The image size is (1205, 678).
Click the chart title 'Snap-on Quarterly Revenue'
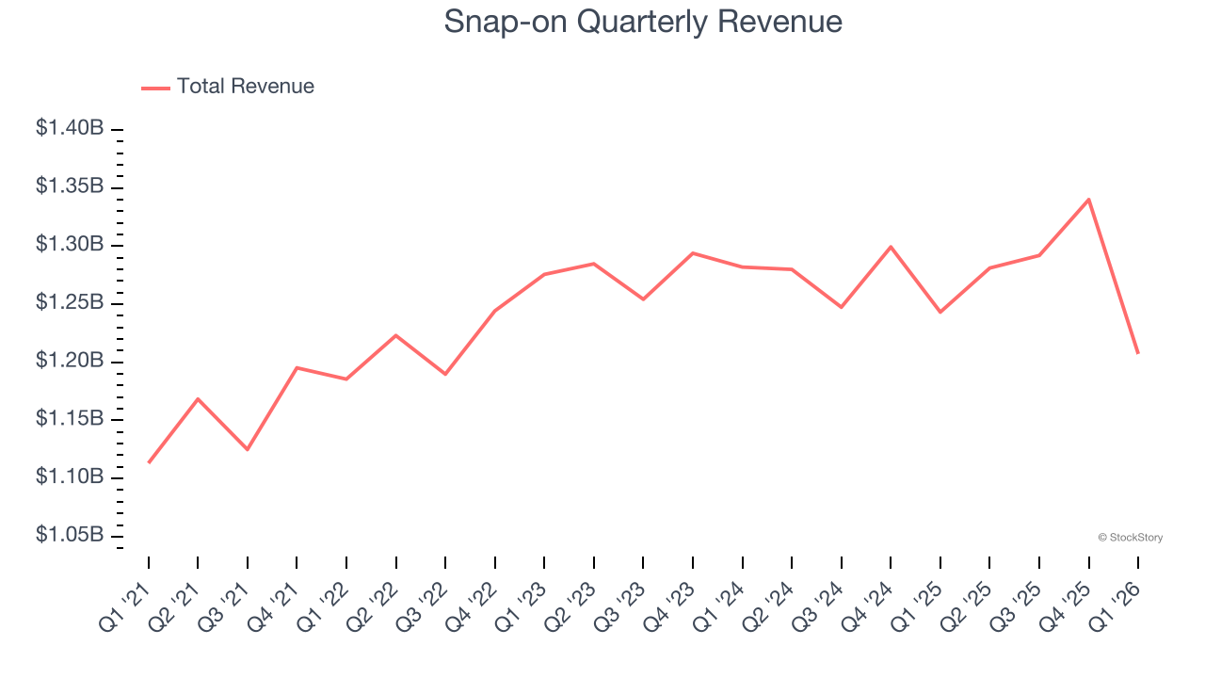point(643,21)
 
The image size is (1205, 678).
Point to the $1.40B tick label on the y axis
point(70,128)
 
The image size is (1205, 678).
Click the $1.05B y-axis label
point(70,535)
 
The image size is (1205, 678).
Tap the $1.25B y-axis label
point(70,302)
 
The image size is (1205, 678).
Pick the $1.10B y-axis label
point(70,476)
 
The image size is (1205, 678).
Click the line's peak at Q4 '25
point(1089,200)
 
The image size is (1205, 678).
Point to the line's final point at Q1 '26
point(1138,353)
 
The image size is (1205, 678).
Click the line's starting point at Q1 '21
point(149,462)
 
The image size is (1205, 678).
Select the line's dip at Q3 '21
point(248,449)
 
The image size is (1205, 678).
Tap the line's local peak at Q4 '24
point(891,247)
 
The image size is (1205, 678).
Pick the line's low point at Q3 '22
point(445,374)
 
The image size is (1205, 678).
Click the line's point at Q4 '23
point(693,253)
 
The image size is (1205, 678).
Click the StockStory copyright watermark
point(1130,538)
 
